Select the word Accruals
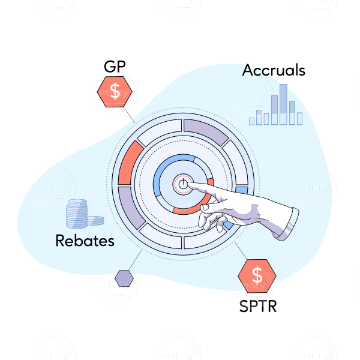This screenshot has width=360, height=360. pos(274,70)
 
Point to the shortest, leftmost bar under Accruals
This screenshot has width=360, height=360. pos(252,121)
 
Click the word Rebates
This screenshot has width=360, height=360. pos(85,241)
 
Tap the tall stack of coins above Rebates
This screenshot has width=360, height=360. pos(77,214)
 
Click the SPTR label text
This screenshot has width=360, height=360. pos(257,306)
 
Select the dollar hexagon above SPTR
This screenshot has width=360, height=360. pos(257,275)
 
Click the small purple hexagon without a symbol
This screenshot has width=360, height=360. pos(124,278)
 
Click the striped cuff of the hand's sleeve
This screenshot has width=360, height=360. pos(287,223)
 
